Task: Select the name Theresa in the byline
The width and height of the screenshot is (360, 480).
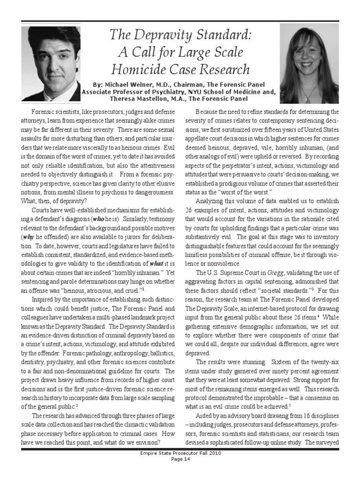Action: [x=124, y=99]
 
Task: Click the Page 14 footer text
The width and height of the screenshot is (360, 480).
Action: [x=180, y=472]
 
